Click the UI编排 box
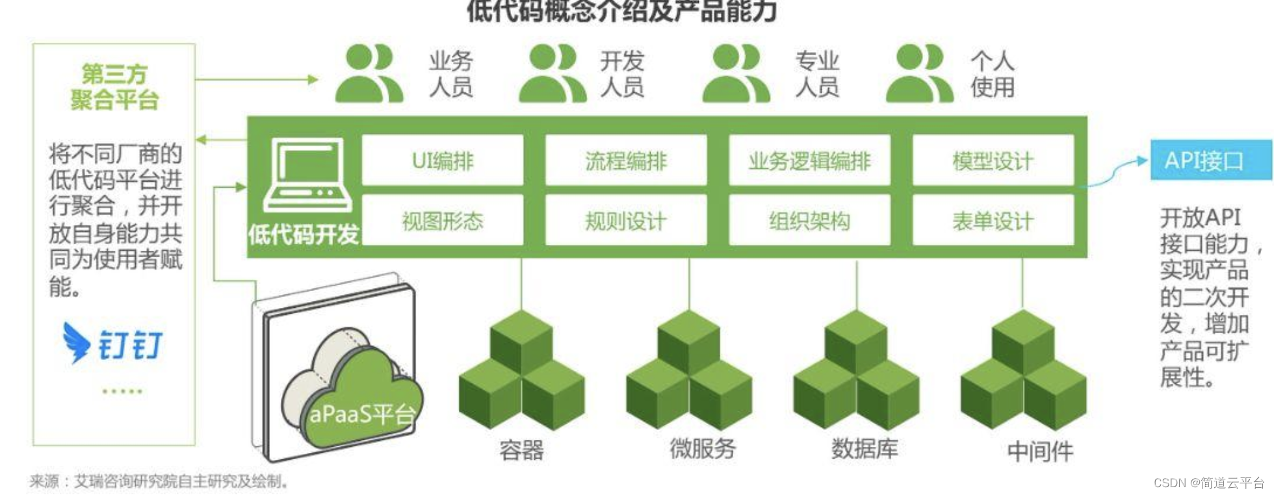coord(442,160)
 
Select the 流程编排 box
coord(625,160)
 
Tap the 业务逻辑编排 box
coord(809,160)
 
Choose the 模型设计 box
coord(993,160)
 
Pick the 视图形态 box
coord(442,221)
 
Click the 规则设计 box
coord(625,221)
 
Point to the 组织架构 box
coord(809,221)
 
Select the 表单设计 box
coord(993,221)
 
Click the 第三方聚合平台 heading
coord(114,87)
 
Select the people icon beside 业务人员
coord(369,73)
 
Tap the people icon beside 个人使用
coord(919,73)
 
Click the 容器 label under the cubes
coord(521,450)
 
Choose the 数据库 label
coord(864,448)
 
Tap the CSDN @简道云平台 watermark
coord(1208,483)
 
